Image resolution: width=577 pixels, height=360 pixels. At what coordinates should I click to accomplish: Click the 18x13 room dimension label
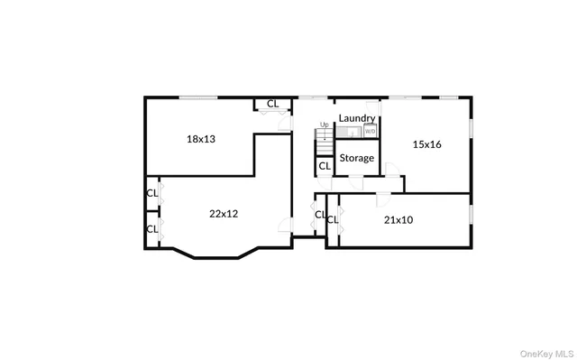(x=200, y=139)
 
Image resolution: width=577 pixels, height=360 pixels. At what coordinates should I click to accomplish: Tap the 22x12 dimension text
(x=224, y=214)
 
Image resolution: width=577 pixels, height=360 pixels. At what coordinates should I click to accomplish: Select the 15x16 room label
(x=426, y=143)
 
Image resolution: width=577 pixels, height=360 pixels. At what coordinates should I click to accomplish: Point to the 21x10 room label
(x=398, y=219)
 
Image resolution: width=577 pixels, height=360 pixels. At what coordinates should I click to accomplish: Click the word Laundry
(x=357, y=118)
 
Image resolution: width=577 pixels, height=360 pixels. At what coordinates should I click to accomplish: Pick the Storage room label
(x=357, y=158)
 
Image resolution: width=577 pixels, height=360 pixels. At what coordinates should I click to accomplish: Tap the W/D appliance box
(x=370, y=132)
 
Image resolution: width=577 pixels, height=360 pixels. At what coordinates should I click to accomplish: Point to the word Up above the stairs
(x=324, y=125)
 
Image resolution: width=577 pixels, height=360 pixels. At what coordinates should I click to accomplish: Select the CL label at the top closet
(x=272, y=104)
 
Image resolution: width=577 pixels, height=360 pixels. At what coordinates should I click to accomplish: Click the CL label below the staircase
(x=324, y=166)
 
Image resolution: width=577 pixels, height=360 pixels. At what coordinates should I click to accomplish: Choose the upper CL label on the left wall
(x=152, y=192)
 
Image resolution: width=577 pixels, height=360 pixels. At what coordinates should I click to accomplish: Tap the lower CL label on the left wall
(x=152, y=228)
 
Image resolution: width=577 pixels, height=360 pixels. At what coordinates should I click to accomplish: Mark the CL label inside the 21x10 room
(x=333, y=219)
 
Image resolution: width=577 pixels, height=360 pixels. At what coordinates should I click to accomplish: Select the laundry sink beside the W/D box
(x=351, y=132)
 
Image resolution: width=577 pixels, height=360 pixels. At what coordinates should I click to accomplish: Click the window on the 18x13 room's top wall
(x=198, y=97)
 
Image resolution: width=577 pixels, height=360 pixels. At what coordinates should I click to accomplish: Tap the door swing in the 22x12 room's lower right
(x=285, y=225)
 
